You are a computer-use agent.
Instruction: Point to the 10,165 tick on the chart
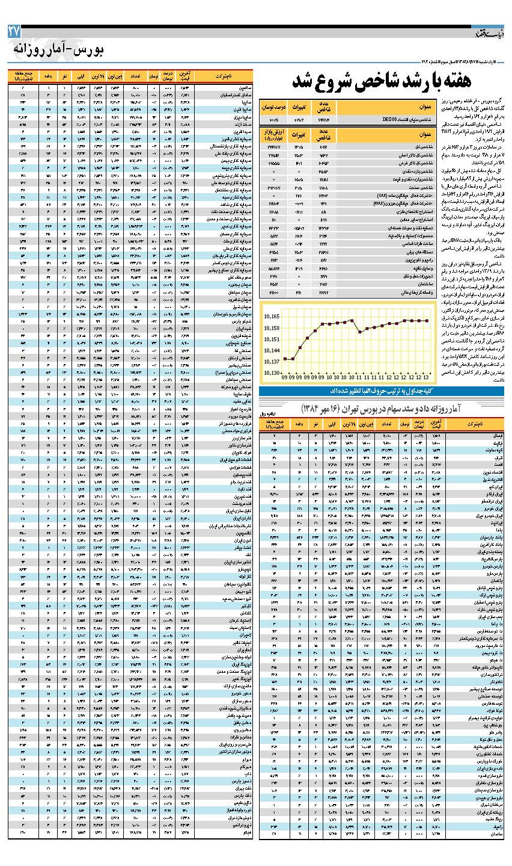[271, 316]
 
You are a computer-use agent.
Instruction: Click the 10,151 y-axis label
[271, 339]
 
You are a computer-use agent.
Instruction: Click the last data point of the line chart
[427, 321]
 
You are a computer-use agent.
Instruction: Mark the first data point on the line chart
[284, 359]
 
